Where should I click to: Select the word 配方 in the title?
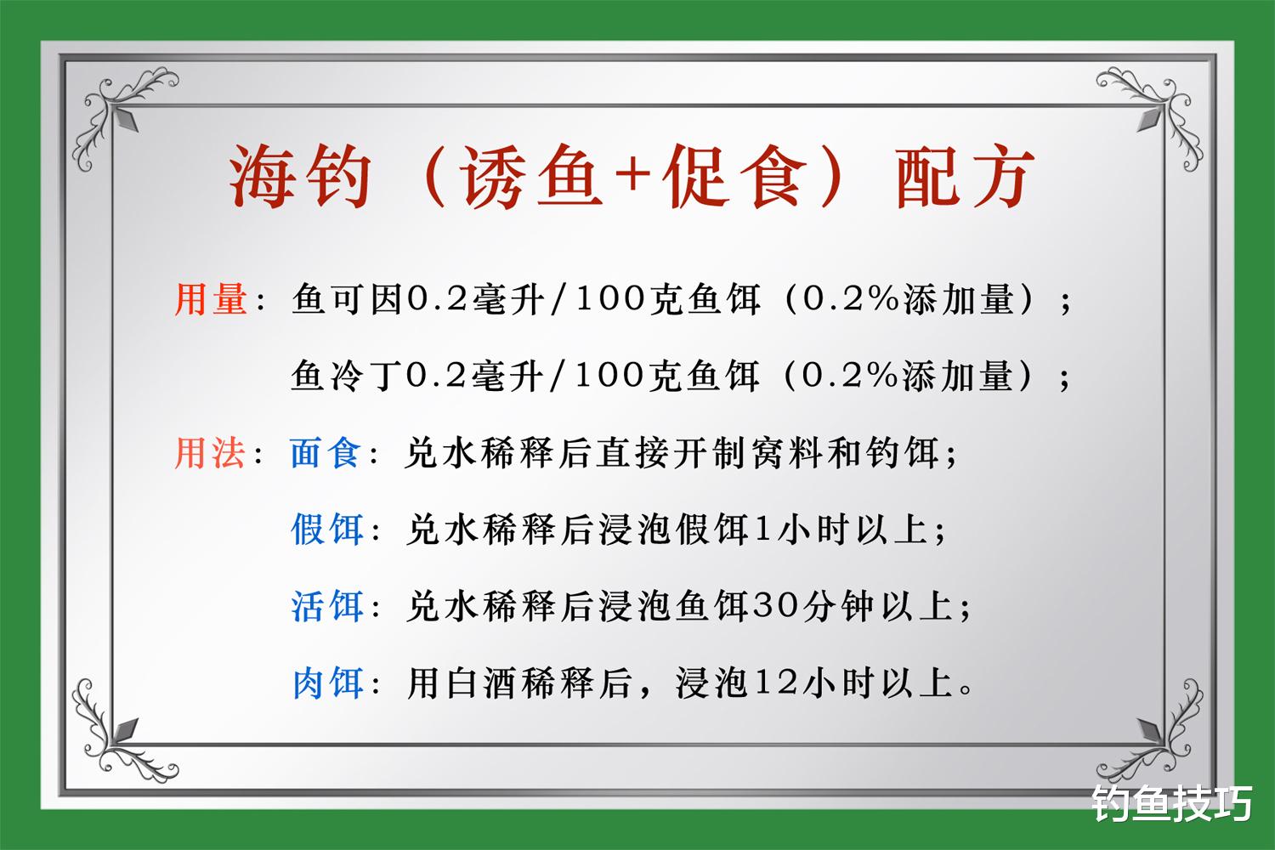965,176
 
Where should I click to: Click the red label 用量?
211,300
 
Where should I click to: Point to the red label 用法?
211,453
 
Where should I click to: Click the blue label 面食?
326,453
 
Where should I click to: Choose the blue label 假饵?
326,530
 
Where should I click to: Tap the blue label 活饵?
326,606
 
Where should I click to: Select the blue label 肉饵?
326,683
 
